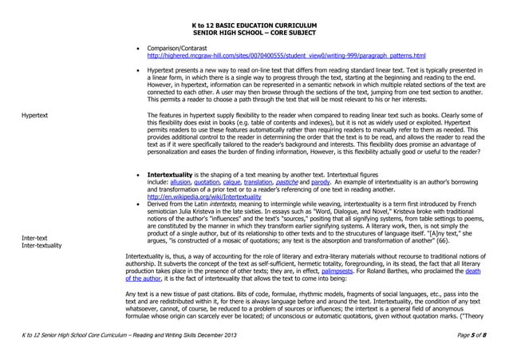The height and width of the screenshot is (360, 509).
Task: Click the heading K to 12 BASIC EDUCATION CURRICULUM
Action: click(x=254, y=26)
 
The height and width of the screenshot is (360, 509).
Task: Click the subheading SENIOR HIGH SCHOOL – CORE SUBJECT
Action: click(x=254, y=33)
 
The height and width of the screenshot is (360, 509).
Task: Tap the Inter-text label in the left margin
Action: click(x=35, y=238)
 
